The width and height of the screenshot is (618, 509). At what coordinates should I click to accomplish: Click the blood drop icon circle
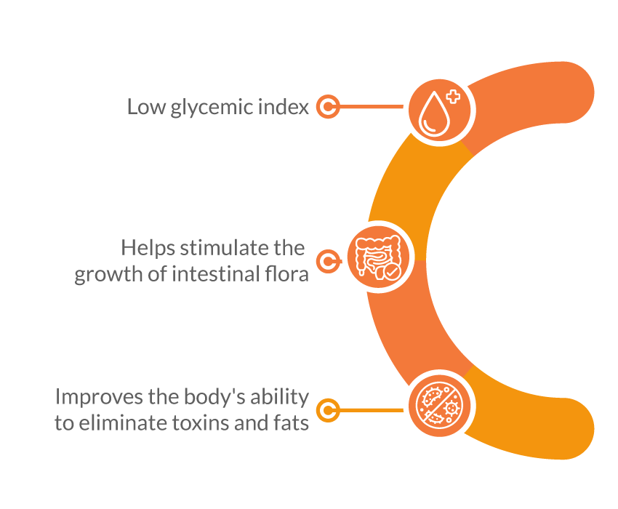[438, 110]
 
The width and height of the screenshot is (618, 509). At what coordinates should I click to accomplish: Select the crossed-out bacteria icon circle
[438, 406]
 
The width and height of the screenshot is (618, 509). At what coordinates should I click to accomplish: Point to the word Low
[143, 108]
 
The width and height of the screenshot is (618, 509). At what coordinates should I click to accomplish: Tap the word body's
[214, 398]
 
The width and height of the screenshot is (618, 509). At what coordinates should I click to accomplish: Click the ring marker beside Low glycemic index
[329, 108]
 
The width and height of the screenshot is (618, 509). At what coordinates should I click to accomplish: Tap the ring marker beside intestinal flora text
[329, 262]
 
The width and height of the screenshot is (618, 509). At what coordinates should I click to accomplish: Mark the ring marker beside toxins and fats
[329, 410]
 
